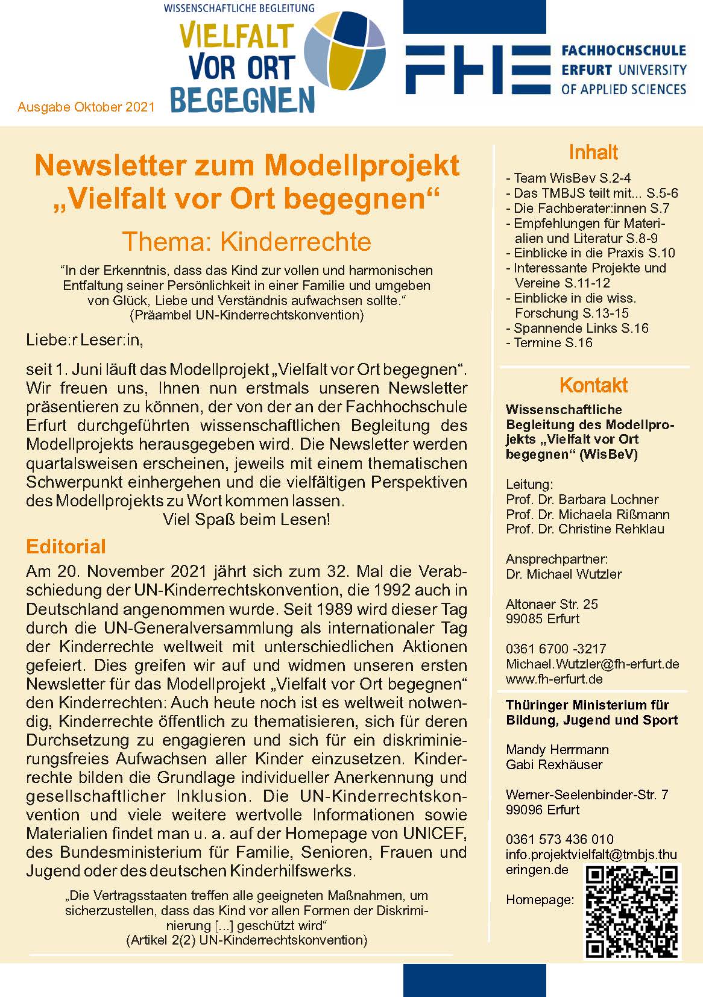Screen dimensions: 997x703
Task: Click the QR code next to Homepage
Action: pos(632,911)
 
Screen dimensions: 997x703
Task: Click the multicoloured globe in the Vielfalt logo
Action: pos(344,57)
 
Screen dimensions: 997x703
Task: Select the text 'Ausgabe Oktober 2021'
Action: pos(86,107)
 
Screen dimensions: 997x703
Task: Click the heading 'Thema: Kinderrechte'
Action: pos(247,241)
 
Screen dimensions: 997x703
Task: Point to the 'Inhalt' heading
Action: pos(593,153)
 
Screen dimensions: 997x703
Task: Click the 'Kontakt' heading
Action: pos(593,385)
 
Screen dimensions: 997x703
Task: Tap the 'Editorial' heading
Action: pos(66,547)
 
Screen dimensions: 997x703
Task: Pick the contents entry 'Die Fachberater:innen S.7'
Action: pos(591,209)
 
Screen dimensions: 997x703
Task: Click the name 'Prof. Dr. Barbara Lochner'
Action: pos(582,499)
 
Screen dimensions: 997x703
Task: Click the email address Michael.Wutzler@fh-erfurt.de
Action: pos(592,664)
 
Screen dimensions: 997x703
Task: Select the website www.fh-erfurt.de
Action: pos(554,679)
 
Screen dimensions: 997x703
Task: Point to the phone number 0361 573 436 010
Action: pos(560,839)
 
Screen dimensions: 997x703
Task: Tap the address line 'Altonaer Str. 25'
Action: pos(552,604)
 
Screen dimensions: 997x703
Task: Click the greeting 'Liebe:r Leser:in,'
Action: pos(84,340)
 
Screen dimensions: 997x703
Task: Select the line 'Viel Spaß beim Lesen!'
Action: pos(246,520)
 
